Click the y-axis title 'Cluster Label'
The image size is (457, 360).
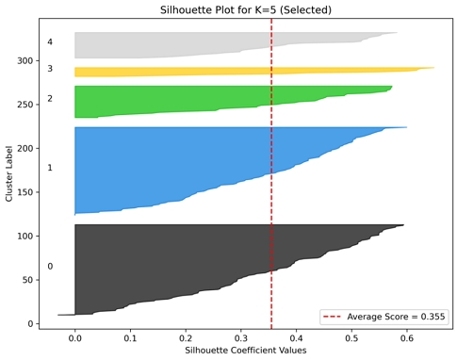tap(8, 172)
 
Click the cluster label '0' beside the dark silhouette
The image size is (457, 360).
tap(50, 266)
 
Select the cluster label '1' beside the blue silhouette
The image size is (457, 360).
tap(50, 168)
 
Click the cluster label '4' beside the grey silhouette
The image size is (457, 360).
tap(50, 42)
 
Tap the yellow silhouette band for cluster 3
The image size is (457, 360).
tap(236, 72)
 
